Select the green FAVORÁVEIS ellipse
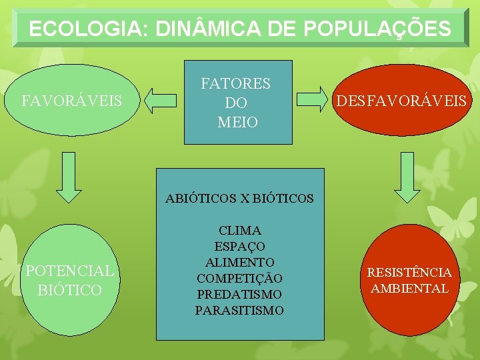pos(71,101)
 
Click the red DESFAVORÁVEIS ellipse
pos(401,100)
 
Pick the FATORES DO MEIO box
pos(238,102)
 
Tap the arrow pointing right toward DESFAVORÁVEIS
pos(313,100)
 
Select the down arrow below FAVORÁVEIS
pos(69,176)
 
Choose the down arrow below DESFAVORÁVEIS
pos(408,176)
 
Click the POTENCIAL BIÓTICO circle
pos(69,280)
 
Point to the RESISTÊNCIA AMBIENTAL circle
pos(409,280)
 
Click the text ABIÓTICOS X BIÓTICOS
pos(239,198)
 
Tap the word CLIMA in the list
pos(239,231)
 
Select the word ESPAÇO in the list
pos(239,247)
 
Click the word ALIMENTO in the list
pos(239,262)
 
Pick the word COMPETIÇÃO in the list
pos(239,278)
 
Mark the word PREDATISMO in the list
pos(239,294)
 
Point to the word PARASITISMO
pos(239,310)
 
